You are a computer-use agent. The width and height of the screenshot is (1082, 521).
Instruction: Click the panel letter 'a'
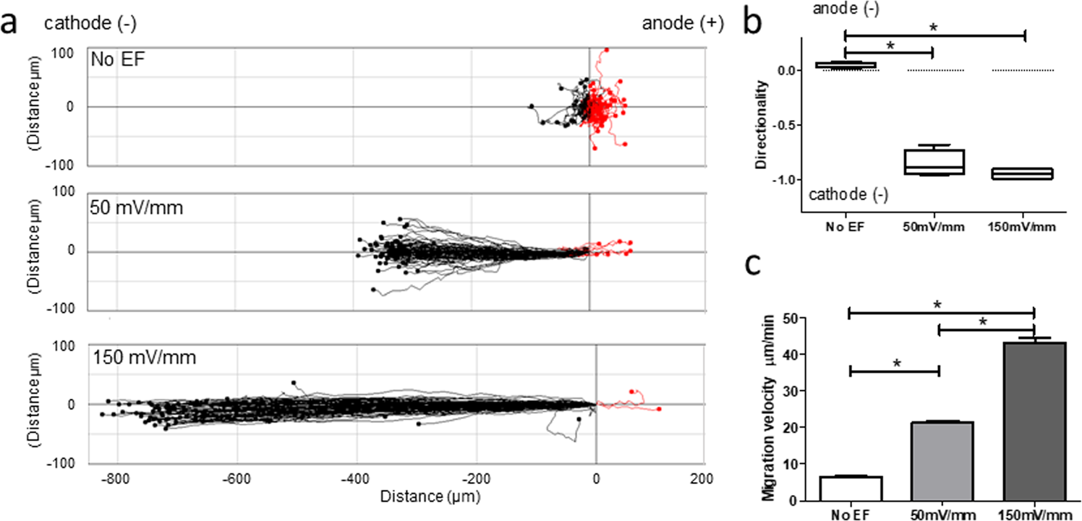[x=10, y=23]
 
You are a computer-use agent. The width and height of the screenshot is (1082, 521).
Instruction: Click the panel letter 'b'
[x=764, y=23]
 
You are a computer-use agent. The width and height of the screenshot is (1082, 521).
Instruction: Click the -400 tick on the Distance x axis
[x=354, y=478]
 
